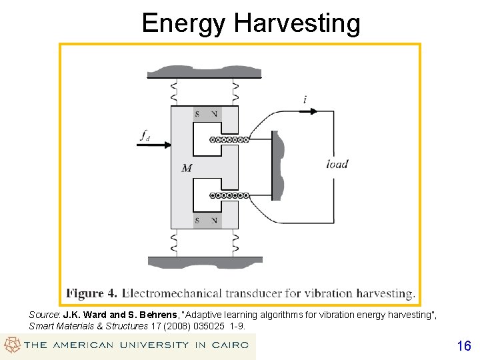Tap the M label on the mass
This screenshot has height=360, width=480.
click(x=187, y=168)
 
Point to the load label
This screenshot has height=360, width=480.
click(x=337, y=164)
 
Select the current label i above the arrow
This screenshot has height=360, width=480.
click(x=305, y=100)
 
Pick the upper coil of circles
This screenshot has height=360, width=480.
click(x=229, y=140)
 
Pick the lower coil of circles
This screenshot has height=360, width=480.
click(x=229, y=196)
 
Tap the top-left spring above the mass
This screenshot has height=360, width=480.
click(x=175, y=92)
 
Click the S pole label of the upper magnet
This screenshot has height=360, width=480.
click(x=197, y=114)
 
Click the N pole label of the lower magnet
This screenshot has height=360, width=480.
click(x=214, y=221)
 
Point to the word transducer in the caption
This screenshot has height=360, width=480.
click(x=262, y=293)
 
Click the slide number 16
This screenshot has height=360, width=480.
click(x=464, y=346)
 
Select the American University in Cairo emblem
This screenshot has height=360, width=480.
click(x=12, y=345)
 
